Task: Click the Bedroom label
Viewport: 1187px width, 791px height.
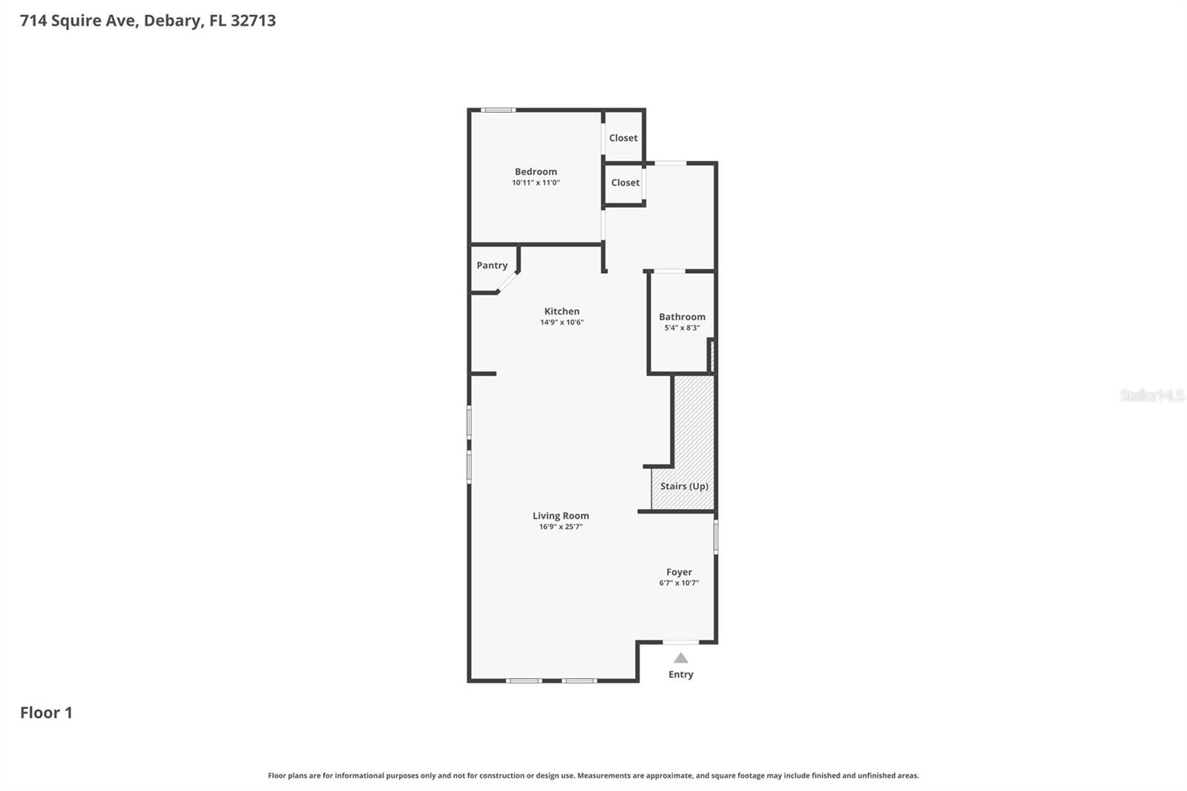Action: click(x=536, y=171)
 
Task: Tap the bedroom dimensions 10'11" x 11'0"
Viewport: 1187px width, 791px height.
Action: click(x=536, y=183)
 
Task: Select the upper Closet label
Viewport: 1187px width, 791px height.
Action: click(x=623, y=138)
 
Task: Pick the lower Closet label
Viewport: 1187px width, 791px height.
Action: click(x=625, y=183)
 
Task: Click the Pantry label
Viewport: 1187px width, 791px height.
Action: click(x=492, y=266)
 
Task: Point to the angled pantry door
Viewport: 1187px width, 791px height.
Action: click(x=507, y=283)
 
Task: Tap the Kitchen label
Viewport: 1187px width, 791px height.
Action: click(x=562, y=312)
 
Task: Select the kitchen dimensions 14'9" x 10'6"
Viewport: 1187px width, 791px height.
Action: click(x=562, y=323)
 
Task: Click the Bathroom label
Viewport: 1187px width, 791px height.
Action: click(x=682, y=317)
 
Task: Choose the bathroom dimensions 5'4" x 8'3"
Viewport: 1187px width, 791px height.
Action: click(x=682, y=328)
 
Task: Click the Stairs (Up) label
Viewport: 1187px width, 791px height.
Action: click(x=684, y=487)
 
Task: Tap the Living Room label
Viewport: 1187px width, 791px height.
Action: click(x=561, y=516)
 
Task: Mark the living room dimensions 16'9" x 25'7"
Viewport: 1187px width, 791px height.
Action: click(x=561, y=527)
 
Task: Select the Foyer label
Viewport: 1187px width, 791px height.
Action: click(x=679, y=572)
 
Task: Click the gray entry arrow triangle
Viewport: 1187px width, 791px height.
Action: click(x=681, y=658)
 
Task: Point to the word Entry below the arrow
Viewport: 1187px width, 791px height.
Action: click(x=681, y=675)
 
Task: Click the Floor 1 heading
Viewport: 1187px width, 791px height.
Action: click(x=46, y=712)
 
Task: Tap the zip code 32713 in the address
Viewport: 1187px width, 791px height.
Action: click(x=253, y=20)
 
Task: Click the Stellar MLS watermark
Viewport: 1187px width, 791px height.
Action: click(x=1151, y=395)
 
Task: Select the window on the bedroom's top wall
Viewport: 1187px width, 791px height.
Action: click(x=498, y=110)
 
